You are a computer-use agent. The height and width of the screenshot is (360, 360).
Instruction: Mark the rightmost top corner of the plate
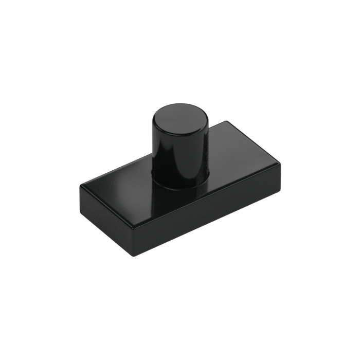(281, 164)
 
